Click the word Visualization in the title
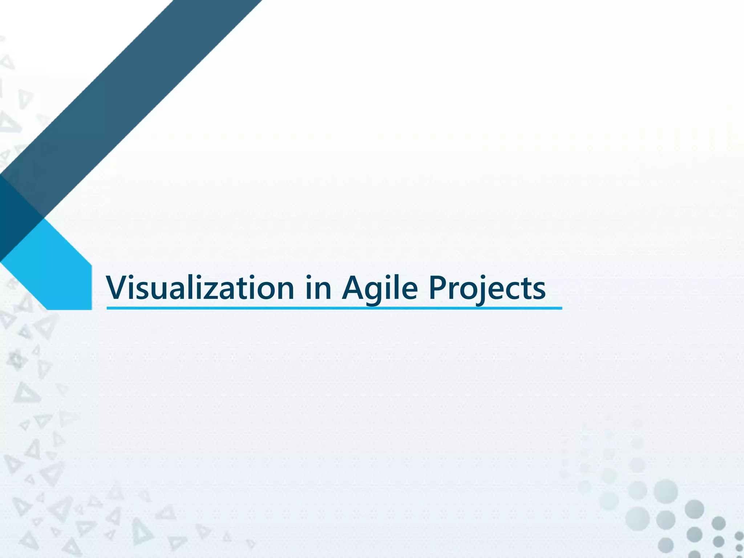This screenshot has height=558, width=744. pyautogui.click(x=200, y=288)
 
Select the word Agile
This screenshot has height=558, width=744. pyautogui.click(x=380, y=288)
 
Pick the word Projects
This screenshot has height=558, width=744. pyautogui.click(x=487, y=288)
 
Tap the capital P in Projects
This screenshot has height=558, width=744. pyautogui.click(x=438, y=287)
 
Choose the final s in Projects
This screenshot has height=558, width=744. pyautogui.click(x=538, y=290)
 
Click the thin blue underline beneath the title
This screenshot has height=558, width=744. pyautogui.click(x=334, y=308)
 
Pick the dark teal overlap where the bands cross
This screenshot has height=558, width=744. pyautogui.click(x=18, y=218)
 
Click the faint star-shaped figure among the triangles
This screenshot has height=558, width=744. pyautogui.click(x=16, y=360)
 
